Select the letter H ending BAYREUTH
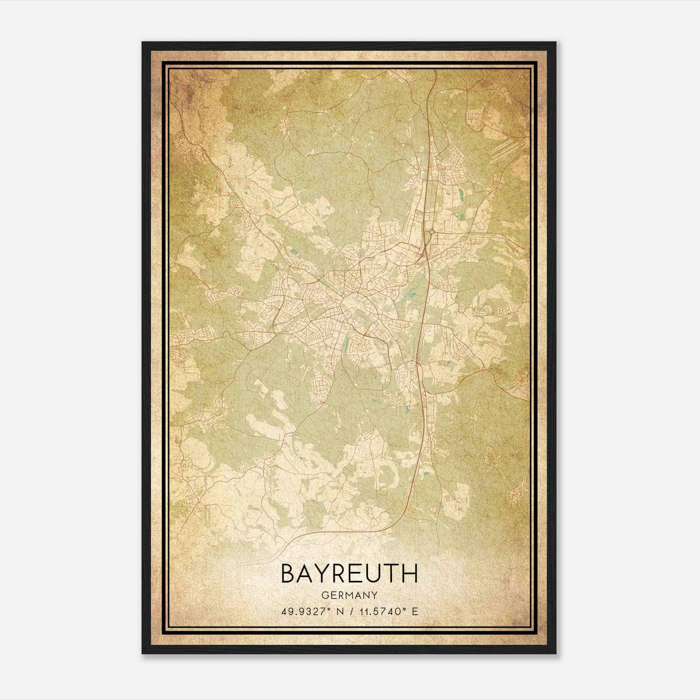pos(409,574)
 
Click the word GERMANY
pos(350,595)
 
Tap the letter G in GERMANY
pos(324,595)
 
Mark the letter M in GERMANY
pos(350,595)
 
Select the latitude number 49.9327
pos(302,611)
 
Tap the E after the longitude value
pos(415,611)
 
